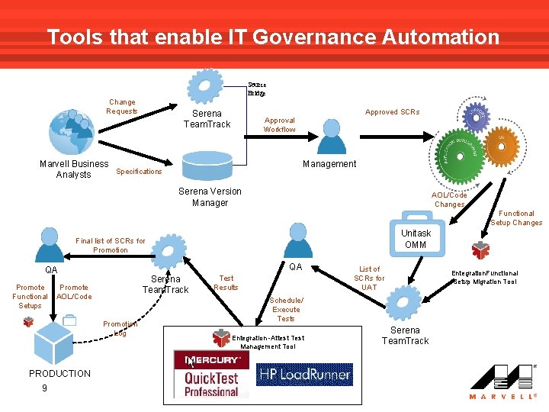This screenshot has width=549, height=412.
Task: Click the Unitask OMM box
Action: tap(416, 238)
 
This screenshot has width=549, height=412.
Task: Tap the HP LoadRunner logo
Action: tap(305, 374)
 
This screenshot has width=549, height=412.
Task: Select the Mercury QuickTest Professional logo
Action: tap(205, 373)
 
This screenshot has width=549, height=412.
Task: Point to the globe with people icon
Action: tap(71, 131)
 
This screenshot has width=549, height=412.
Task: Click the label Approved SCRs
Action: tap(392, 112)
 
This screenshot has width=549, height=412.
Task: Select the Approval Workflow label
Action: tap(280, 124)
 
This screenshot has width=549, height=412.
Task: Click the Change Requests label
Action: tap(122, 106)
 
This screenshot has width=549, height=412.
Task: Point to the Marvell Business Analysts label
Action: tap(74, 169)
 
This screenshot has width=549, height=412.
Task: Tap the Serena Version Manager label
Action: tap(210, 197)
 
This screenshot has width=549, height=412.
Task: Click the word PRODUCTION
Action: tap(59, 373)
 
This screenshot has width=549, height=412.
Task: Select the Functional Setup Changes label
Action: tap(516, 218)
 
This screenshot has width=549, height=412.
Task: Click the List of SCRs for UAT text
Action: tap(369, 278)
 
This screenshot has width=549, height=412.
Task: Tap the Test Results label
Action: tap(226, 282)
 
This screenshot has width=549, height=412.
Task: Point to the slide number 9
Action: tap(44, 388)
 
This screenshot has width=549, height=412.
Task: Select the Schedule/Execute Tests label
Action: tap(286, 309)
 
